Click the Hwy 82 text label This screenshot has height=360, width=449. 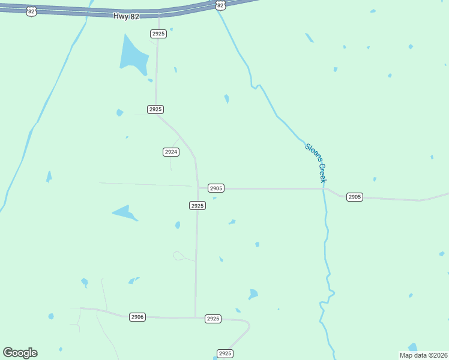click(126, 17)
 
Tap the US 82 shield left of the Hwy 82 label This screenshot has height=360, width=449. click(31, 11)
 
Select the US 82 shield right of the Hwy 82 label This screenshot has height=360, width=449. click(220, 5)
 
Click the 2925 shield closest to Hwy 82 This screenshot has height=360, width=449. click(158, 34)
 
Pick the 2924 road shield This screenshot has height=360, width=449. click(171, 152)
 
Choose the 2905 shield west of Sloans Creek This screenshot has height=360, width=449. click(216, 188)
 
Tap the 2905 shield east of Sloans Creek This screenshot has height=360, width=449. click(355, 197)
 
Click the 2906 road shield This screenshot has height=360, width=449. click(137, 317)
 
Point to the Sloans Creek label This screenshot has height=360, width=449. click(316, 163)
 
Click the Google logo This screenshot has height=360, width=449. click(20, 353)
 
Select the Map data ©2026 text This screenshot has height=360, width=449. click(424, 355)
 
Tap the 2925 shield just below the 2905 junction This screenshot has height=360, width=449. click(197, 205)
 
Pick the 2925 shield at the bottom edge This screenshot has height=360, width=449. click(224, 353)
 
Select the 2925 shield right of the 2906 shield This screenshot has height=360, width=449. click(213, 319)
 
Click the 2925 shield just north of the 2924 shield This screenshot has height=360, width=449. click(155, 109)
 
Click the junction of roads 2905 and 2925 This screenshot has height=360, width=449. click(198, 188)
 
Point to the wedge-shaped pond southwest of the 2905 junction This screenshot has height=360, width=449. click(125, 213)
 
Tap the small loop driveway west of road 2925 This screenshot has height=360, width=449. click(178, 256)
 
